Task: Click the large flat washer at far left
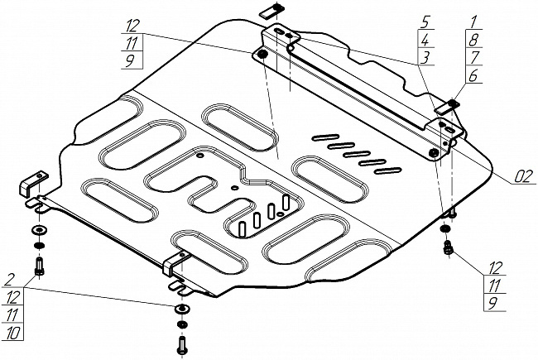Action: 39,229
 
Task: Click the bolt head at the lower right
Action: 449,246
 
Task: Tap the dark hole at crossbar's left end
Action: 262,55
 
